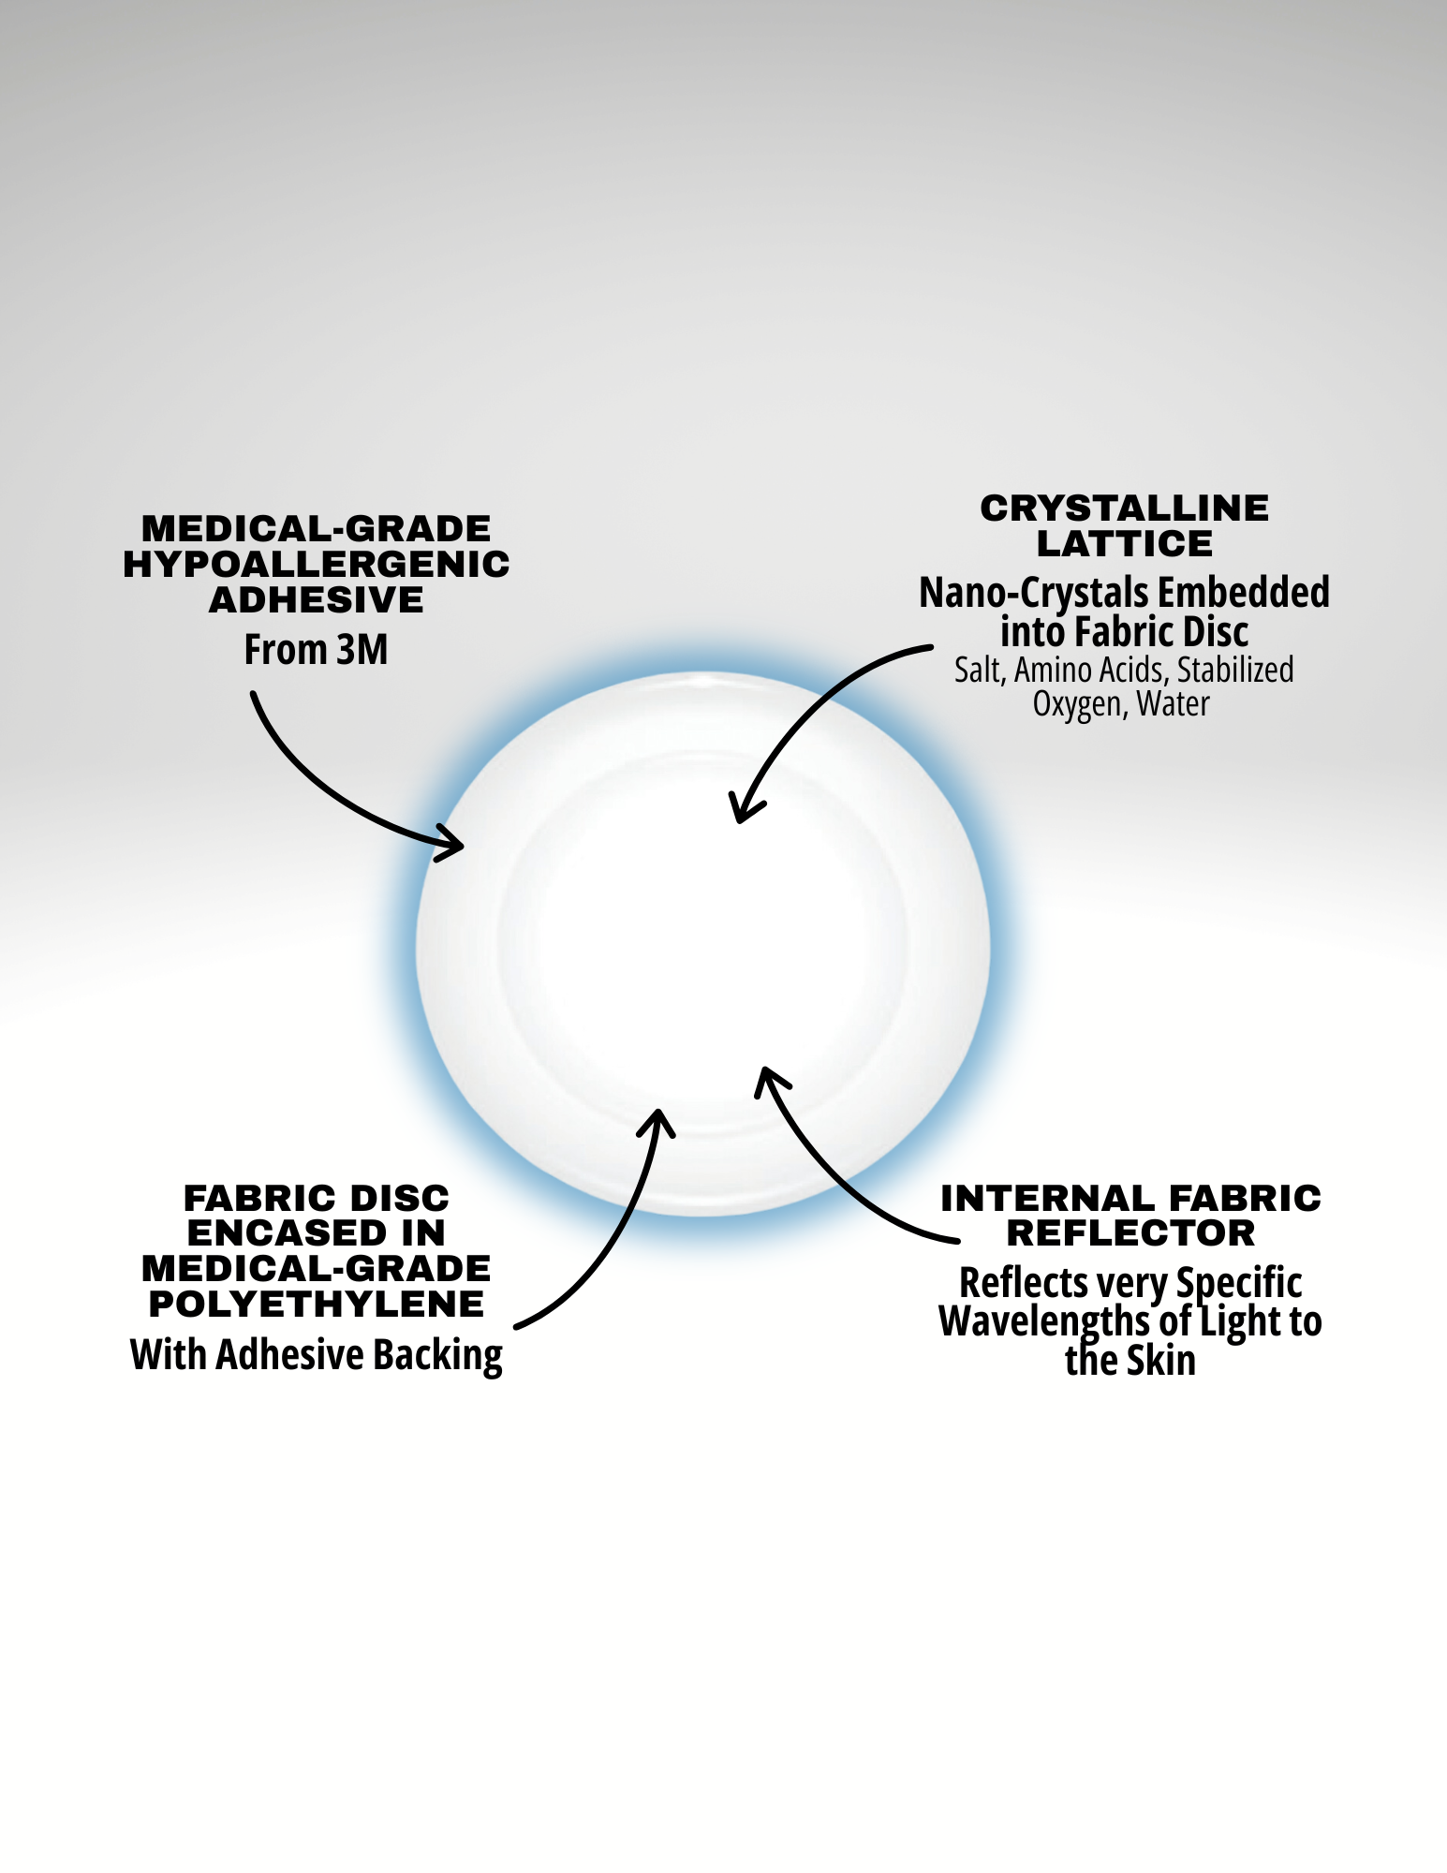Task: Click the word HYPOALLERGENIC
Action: pos(317,565)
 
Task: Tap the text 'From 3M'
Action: pos(316,650)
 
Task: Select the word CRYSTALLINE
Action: pos(1124,509)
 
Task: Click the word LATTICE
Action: pos(1124,544)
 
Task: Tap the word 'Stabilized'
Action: pos(1235,671)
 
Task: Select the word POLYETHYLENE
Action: pos(317,1304)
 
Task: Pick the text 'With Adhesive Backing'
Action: pos(317,1355)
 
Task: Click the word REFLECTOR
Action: pos(1130,1233)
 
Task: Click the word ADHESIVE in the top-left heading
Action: pos(317,600)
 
